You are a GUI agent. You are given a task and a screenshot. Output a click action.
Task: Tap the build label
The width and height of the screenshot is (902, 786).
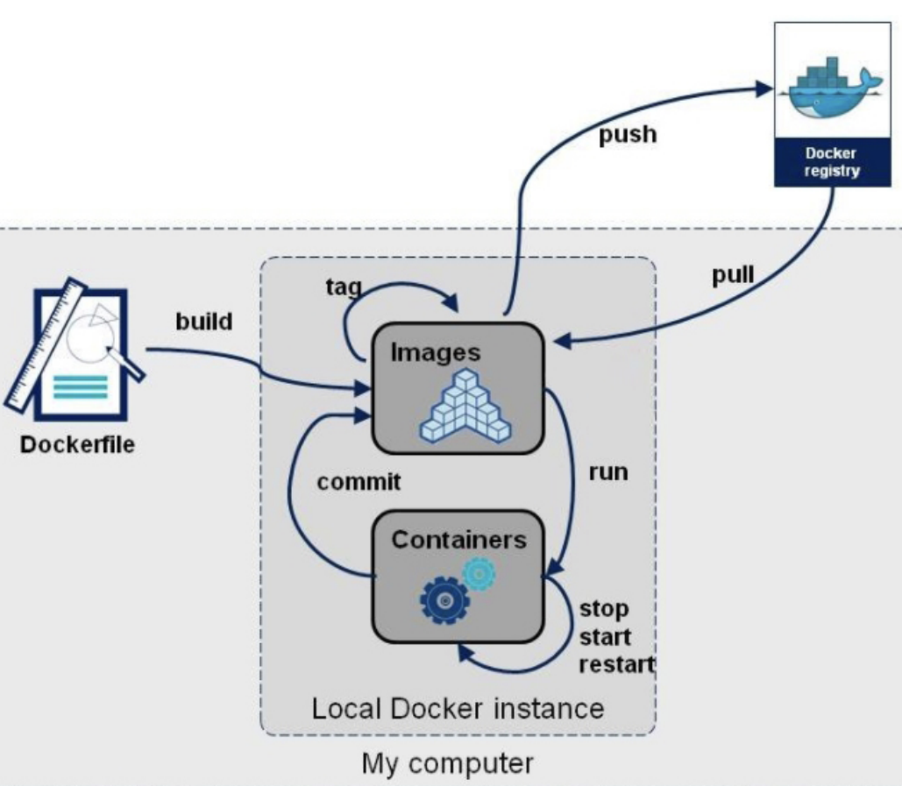click(202, 322)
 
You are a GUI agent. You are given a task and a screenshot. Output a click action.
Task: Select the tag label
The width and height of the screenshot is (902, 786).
click(343, 287)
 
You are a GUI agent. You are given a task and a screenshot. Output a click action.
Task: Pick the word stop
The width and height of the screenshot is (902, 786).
click(604, 607)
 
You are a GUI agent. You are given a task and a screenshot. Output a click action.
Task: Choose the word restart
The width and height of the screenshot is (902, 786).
click(616, 663)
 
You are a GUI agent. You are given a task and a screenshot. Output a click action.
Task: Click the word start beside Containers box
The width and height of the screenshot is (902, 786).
click(605, 635)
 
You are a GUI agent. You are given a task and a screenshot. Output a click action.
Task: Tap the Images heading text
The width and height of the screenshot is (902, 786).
click(436, 351)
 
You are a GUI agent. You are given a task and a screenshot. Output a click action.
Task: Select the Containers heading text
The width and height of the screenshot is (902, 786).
click(458, 539)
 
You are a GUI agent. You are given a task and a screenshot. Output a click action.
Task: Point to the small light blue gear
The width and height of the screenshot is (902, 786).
click(479, 574)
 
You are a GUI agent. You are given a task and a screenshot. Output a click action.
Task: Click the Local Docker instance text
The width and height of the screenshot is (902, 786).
click(458, 707)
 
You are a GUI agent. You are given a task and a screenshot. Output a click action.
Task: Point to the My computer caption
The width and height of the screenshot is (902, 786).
click(447, 763)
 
